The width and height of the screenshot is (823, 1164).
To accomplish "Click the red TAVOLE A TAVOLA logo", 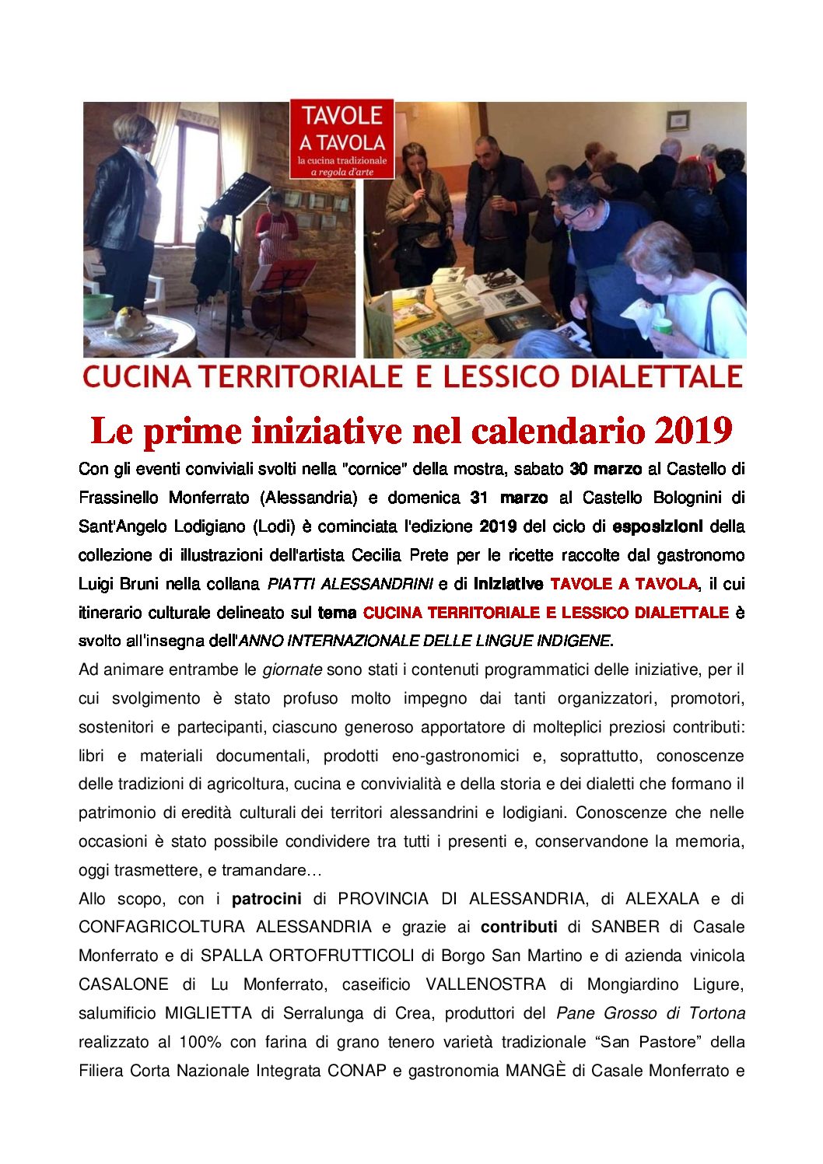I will pyautogui.click(x=341, y=138).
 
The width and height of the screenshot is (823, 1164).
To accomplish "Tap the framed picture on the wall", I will pyautogui.click(x=678, y=121).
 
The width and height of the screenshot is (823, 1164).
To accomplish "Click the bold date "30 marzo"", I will pyautogui.click(x=605, y=469).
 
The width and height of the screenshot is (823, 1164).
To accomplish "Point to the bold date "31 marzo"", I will pyautogui.click(x=509, y=498).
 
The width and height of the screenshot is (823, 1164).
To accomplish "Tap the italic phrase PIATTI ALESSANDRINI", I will pyautogui.click(x=349, y=584).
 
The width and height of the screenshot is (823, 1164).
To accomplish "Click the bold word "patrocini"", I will pyautogui.click(x=266, y=899).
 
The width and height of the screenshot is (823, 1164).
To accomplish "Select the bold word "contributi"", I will pyautogui.click(x=519, y=927).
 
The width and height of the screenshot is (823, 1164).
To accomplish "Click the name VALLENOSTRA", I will pyautogui.click(x=485, y=984).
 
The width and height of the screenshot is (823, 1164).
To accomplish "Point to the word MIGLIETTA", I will pyautogui.click(x=208, y=1013).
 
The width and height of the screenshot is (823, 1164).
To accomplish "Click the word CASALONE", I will pyautogui.click(x=124, y=984).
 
